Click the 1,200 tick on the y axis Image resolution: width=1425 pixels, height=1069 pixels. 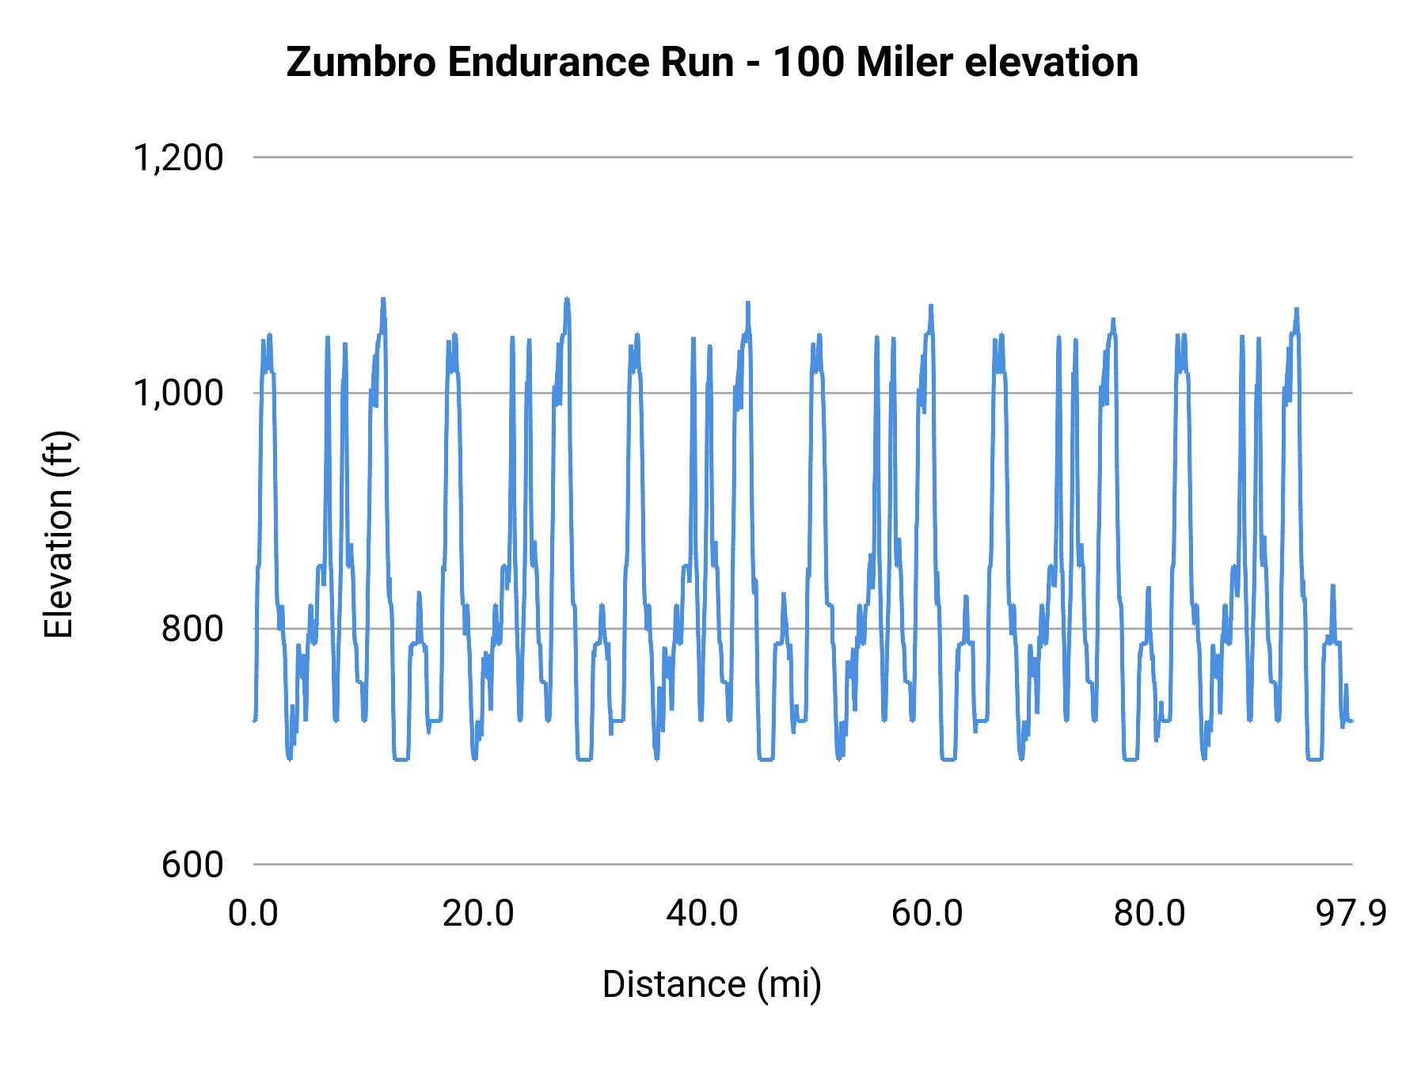point(178,158)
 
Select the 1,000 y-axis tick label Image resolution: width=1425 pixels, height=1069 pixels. point(178,393)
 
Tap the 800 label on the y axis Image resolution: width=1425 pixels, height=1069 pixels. point(192,629)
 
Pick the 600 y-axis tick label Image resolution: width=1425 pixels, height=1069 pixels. point(192,864)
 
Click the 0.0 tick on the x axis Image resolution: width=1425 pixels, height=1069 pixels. point(253,914)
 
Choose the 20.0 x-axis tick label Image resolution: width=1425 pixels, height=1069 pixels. point(477,914)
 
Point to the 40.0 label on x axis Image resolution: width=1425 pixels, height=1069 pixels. point(702,914)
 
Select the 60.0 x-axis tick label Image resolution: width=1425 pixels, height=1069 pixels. point(926,914)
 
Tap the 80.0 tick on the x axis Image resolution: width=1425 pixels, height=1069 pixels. point(1149,914)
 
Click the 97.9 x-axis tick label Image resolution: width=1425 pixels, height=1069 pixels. point(1351,914)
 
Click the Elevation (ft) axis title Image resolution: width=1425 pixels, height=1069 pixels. point(58,534)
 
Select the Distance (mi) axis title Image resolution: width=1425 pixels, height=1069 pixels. point(712,984)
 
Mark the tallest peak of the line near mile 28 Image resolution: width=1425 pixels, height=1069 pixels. point(567,299)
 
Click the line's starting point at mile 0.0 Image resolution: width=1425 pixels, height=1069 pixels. point(254,721)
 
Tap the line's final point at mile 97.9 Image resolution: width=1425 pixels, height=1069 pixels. point(1351,721)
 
